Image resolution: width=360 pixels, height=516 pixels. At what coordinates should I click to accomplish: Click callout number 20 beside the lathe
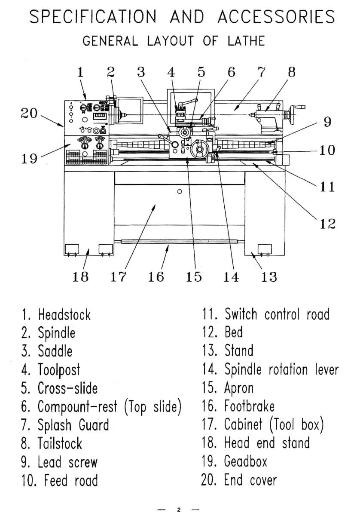point(29,114)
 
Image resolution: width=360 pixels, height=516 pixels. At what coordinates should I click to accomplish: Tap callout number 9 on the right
point(327,122)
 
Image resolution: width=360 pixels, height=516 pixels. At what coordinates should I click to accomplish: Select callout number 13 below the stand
point(269,276)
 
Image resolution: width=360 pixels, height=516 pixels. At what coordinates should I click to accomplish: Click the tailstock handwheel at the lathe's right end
point(294,114)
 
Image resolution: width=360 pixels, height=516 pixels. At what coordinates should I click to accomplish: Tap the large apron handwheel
point(199,149)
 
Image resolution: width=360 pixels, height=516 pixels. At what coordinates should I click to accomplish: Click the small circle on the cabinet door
point(180,191)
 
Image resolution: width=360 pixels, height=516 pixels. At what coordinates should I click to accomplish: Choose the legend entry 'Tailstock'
point(60,443)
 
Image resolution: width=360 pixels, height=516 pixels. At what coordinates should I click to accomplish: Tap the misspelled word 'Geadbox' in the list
point(246,461)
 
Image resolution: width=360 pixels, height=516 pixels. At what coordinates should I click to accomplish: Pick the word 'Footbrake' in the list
point(250,406)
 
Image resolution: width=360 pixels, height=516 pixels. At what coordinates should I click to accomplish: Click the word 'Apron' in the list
point(239,388)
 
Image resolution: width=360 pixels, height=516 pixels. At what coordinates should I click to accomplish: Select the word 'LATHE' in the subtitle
point(246,41)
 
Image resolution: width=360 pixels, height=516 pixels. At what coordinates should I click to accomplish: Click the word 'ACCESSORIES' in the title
point(276,17)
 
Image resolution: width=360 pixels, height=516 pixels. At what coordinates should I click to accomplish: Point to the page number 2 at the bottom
point(179,510)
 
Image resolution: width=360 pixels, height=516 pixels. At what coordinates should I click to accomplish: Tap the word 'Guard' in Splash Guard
point(94,425)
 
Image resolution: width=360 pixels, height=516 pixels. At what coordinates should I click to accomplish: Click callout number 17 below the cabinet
point(118,276)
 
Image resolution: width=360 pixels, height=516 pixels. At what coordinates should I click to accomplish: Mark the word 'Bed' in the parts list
point(234,332)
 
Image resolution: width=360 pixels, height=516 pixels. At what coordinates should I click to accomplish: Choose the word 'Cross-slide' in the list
point(68,388)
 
